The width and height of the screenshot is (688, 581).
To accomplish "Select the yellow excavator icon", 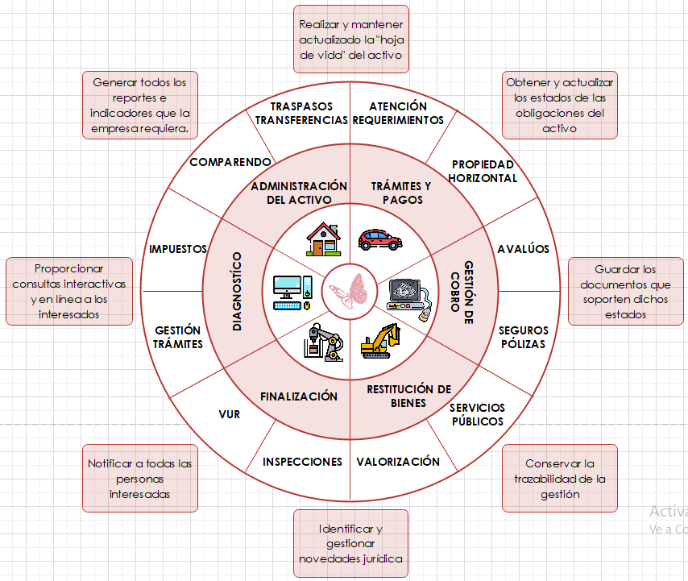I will pos(379,341).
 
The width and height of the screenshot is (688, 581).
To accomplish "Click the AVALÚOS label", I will pos(523,249).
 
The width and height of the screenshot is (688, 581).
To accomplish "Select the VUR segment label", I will pos(229,414).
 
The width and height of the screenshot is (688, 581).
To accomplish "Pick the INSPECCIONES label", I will pos(303,462).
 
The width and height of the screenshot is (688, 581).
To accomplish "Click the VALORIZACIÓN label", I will pos(398,462).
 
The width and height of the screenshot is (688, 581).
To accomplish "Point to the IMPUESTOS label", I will pos(178,249).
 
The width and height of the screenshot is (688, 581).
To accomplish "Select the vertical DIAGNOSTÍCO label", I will pos(237,291).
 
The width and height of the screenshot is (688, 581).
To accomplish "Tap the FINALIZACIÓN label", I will pos(299,396).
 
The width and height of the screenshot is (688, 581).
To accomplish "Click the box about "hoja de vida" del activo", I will pos(350,39).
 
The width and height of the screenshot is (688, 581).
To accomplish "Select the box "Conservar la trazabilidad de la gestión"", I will pos(559,479).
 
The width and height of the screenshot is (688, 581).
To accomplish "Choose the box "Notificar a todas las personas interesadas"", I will pos(140,479).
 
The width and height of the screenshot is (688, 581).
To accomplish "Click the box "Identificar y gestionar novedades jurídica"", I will pos(350,543).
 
